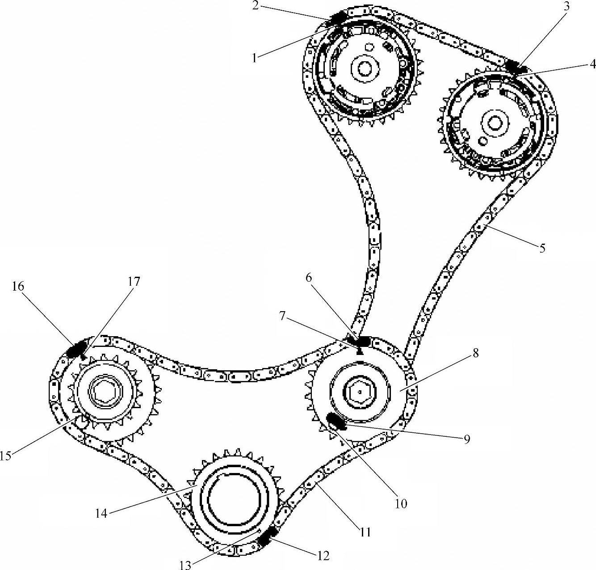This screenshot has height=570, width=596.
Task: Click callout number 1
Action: click(x=254, y=58)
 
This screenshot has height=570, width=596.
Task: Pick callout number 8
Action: click(x=475, y=353)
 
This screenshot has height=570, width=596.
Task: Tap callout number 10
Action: click(x=401, y=503)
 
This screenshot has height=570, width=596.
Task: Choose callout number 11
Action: click(x=365, y=532)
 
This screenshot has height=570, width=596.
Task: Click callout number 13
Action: click(x=185, y=565)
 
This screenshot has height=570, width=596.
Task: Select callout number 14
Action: click(x=101, y=513)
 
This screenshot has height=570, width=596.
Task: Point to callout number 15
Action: click(x=5, y=455)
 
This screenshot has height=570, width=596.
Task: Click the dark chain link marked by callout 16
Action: click(x=76, y=347)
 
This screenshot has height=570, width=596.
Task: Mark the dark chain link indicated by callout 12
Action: click(x=267, y=535)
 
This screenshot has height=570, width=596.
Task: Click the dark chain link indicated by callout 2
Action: click(x=336, y=18)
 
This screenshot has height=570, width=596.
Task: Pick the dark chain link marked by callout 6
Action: click(x=361, y=341)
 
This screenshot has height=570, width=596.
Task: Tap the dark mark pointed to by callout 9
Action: click(x=334, y=420)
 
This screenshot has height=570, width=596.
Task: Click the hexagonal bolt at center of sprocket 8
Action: click(x=360, y=392)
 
